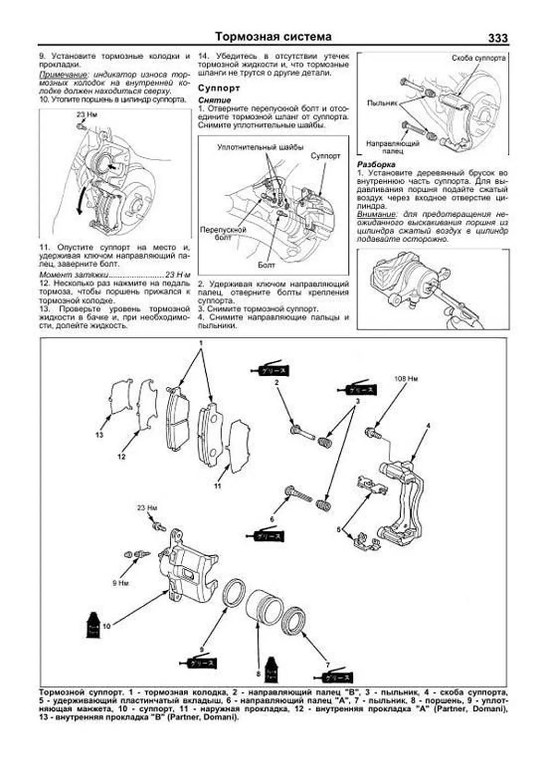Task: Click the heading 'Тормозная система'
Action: (x=273, y=36)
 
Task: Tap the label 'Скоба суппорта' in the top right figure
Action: (x=478, y=58)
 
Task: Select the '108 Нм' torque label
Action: (x=406, y=379)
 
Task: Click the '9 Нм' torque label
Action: (x=120, y=582)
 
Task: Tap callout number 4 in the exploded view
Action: (x=428, y=426)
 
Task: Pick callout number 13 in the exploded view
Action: (x=100, y=435)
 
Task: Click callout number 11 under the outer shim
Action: (x=218, y=486)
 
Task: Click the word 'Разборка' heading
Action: (x=376, y=165)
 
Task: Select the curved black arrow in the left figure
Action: (x=81, y=202)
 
